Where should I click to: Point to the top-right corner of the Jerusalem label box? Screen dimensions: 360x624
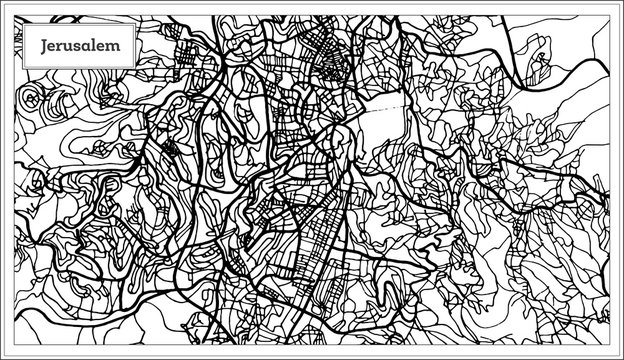(x=134, y=26)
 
